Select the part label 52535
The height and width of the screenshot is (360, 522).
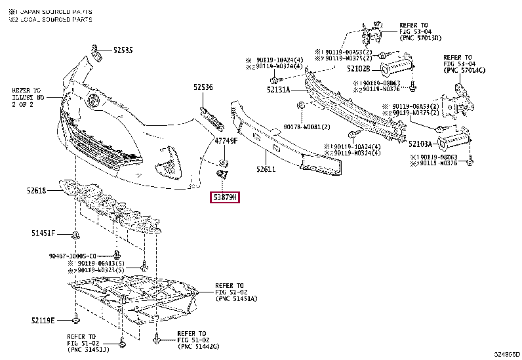point(122,50)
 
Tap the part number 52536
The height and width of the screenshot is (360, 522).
point(203,87)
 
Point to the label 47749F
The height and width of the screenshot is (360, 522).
point(226,141)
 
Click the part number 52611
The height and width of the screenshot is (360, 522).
point(266,169)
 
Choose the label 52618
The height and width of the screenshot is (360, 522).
point(36,190)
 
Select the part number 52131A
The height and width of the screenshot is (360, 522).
point(278,90)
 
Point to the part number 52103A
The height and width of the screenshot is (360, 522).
point(420,142)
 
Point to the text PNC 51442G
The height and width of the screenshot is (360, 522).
point(199,346)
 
